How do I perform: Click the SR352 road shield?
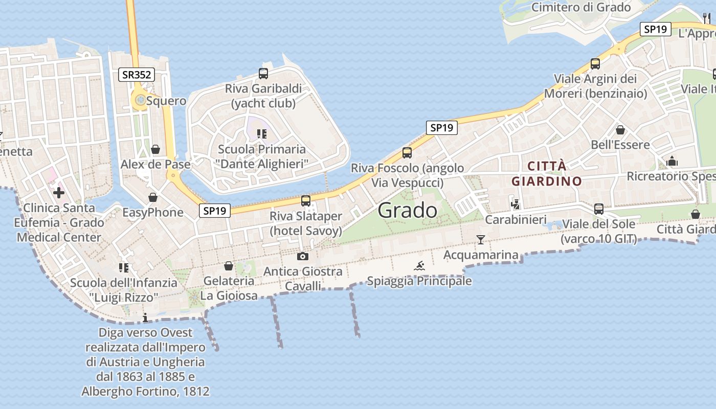(137, 75)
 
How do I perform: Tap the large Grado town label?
(408, 210)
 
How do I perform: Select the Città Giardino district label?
(547, 173)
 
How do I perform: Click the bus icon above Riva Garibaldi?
(263, 74)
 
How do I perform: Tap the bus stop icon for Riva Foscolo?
(407, 152)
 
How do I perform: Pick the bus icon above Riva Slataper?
(306, 201)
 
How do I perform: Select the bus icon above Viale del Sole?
(599, 209)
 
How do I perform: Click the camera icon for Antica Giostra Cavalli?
(303, 256)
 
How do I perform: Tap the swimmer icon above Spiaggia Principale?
(419, 266)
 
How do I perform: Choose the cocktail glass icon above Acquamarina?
(480, 239)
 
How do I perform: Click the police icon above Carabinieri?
(516, 204)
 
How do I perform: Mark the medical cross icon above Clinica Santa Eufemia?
(59, 193)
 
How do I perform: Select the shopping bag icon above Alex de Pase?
(155, 149)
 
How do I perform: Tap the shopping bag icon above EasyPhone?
(152, 197)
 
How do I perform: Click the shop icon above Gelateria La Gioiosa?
(229, 266)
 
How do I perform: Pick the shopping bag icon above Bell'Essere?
(620, 130)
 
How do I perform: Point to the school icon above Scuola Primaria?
(262, 134)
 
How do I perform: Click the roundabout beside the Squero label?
(140, 100)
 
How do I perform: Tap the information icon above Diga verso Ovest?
(145, 318)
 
